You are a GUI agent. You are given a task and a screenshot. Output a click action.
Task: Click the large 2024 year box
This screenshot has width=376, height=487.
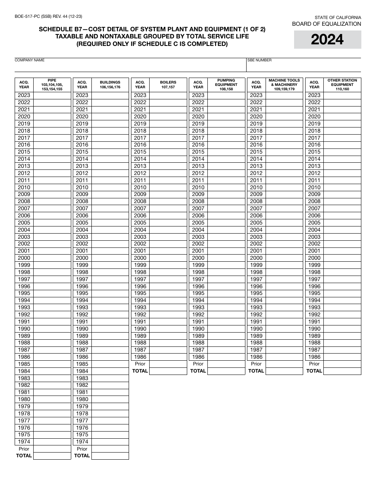tap(327, 40)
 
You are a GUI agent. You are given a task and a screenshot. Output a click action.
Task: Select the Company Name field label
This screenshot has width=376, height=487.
tap(30, 60)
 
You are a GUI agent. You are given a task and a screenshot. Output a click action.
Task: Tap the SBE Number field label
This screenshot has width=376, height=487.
tap(260, 60)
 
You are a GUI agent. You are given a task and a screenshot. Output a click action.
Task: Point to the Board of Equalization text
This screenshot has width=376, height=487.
tap(327, 24)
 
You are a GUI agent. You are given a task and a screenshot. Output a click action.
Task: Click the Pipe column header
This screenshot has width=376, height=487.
tap(52, 85)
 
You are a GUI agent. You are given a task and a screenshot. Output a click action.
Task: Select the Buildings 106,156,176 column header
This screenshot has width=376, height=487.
tap(110, 85)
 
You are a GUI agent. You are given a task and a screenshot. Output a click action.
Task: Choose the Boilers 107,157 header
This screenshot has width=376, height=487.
tap(168, 85)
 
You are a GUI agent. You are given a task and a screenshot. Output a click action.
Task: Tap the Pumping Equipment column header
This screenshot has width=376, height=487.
tap(226, 85)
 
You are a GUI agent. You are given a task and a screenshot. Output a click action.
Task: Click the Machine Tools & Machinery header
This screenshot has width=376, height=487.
tap(284, 85)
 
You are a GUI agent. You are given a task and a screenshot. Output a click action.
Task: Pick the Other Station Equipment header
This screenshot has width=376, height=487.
tap(342, 85)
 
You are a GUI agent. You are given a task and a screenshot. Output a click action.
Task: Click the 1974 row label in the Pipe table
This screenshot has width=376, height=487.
tap(24, 442)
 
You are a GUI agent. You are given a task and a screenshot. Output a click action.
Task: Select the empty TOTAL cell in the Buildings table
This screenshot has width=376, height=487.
tap(110, 456)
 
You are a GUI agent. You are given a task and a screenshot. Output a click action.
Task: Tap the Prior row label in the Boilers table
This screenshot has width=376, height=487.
tap(140, 364)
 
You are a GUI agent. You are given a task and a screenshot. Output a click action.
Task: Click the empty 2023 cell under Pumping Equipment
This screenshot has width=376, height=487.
tap(226, 95)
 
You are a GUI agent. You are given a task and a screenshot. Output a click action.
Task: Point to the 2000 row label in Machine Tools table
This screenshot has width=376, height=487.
tap(256, 258)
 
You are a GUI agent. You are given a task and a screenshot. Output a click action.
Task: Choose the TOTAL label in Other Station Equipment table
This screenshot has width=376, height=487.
tap(314, 371)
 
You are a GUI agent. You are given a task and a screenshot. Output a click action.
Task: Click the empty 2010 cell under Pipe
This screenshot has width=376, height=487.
tap(52, 188)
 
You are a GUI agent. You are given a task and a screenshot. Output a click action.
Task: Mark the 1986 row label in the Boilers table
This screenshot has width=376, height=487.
tap(140, 357)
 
